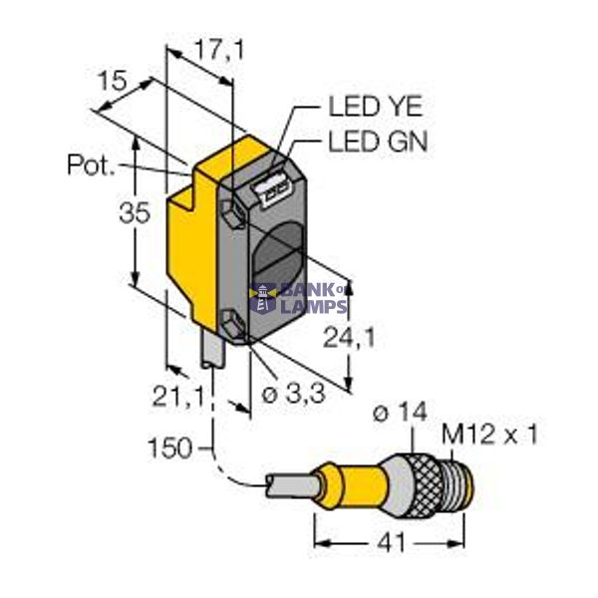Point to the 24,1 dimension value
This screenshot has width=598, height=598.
(x=348, y=339)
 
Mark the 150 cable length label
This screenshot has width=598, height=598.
(x=168, y=448)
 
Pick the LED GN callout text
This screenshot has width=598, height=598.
(x=377, y=143)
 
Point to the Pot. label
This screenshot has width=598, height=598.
(x=91, y=165)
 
